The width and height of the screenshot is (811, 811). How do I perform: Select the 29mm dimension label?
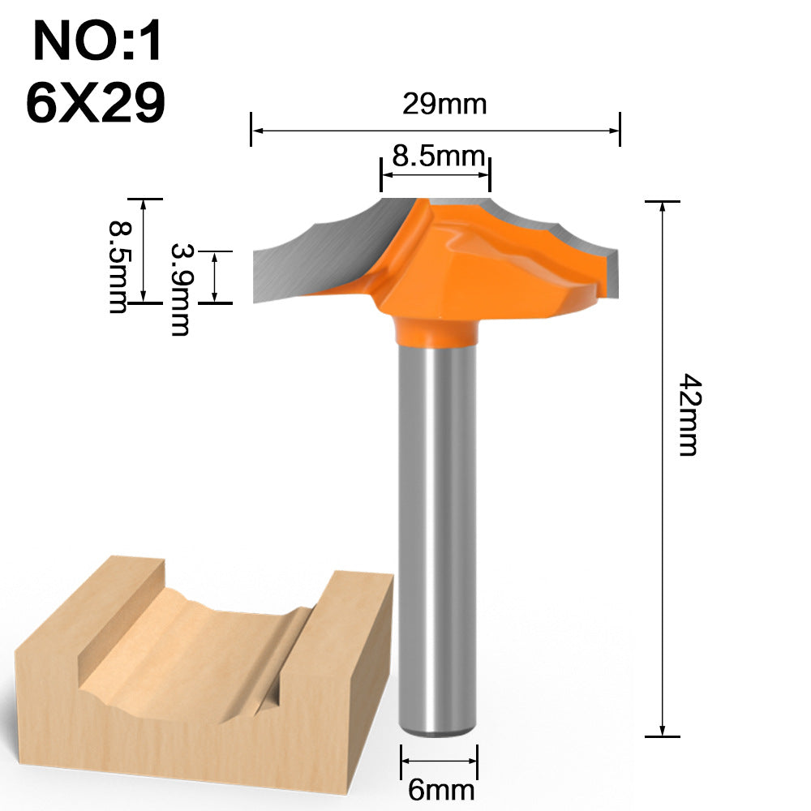coord(444,104)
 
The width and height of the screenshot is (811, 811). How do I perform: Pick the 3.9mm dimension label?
coord(179,289)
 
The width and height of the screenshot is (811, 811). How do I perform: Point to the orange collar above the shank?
coord(436,330)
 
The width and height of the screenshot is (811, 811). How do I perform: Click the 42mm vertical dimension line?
coord(663,568)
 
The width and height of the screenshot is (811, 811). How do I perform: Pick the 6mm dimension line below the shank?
coord(439,761)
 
